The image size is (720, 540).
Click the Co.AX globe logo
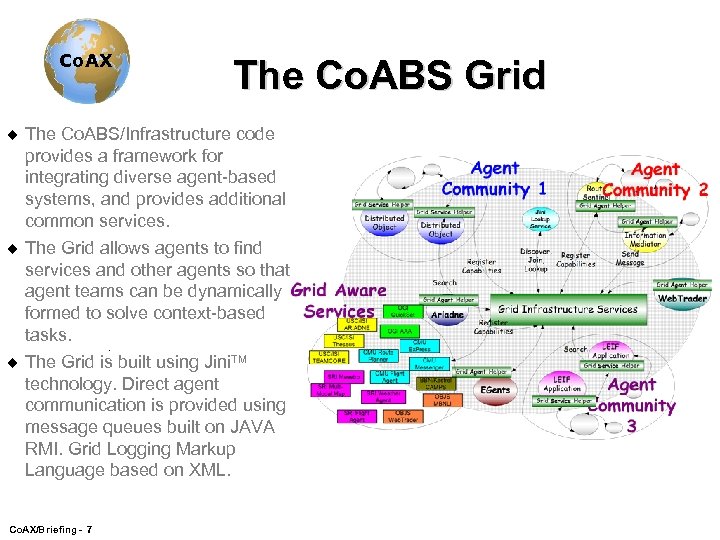[x=85, y=60]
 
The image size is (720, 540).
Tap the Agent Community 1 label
[x=494, y=179]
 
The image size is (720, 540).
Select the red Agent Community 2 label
[x=655, y=180]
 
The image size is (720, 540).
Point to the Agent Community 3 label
[x=631, y=405]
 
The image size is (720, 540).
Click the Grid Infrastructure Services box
[x=568, y=309]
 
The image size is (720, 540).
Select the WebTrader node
[x=682, y=298]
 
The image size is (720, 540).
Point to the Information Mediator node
[x=645, y=241]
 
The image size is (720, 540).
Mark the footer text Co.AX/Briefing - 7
[x=50, y=526]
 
